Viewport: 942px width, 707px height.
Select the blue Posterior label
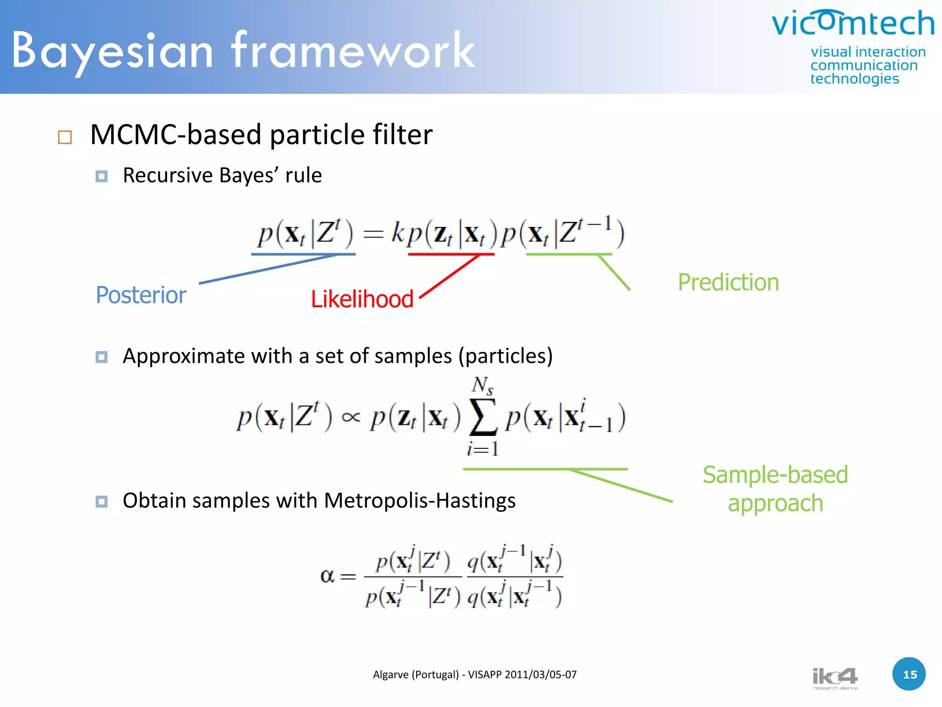[x=141, y=295]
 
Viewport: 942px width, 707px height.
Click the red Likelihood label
[x=362, y=299]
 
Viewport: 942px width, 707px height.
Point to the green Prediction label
[x=728, y=283]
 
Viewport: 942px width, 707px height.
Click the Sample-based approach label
[x=775, y=489]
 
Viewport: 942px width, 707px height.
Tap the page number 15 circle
[x=909, y=674]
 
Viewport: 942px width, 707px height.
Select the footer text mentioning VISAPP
[x=474, y=675]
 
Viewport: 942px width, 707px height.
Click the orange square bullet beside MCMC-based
[x=65, y=137]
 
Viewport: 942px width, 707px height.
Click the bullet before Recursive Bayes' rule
[x=102, y=176]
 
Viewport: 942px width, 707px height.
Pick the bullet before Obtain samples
[x=102, y=501]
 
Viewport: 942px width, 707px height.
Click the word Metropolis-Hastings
[x=419, y=501]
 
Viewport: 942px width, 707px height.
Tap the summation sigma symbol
[x=482, y=417]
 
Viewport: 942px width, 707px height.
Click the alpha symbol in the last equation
[x=327, y=576]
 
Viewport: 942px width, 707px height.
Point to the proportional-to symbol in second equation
[x=350, y=417]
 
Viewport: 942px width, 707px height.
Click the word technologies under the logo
[x=854, y=79]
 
